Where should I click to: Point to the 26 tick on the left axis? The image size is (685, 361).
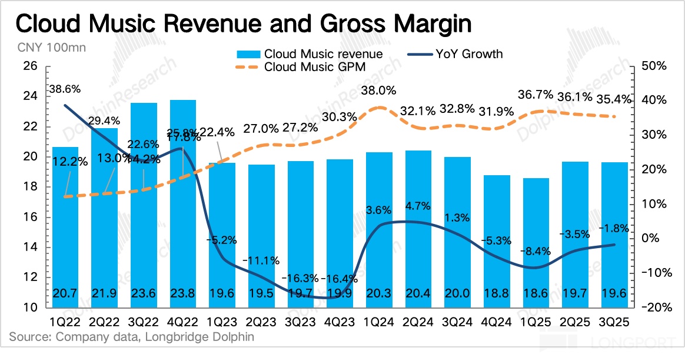29,66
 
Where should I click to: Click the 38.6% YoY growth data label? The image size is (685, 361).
65,89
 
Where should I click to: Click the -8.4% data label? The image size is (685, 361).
536,251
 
